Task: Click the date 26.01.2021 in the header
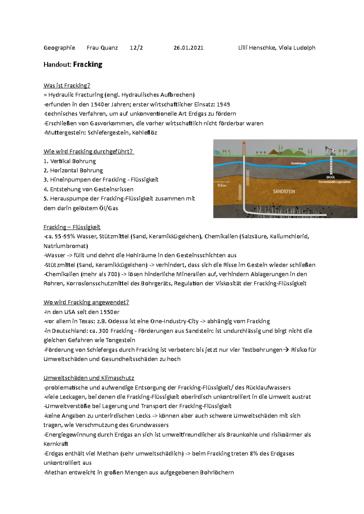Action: click(188, 48)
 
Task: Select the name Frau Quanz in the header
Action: click(102, 48)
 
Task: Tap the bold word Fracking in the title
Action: click(88, 64)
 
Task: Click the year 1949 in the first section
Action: click(223, 104)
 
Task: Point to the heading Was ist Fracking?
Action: click(67, 86)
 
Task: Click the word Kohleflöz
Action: click(144, 133)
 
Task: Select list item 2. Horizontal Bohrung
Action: click(73, 170)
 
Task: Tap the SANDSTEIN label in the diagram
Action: click(284, 192)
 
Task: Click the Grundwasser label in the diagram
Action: click(298, 163)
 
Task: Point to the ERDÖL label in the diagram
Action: click(331, 177)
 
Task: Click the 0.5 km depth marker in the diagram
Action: click(222, 185)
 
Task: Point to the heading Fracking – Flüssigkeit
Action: click(72, 227)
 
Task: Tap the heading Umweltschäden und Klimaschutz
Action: click(89, 378)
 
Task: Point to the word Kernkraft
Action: click(56, 444)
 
